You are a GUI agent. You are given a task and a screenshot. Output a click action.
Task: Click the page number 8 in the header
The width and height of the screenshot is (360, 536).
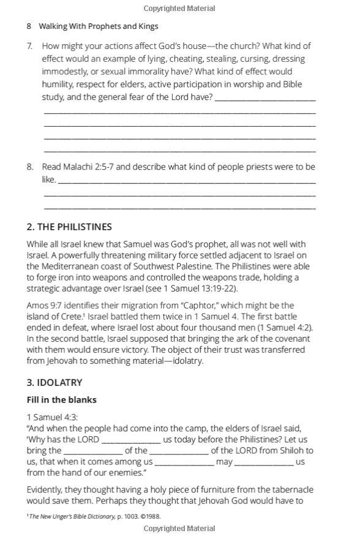(x=29, y=26)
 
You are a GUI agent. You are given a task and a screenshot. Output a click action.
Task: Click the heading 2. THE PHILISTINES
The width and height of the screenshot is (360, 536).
(x=69, y=227)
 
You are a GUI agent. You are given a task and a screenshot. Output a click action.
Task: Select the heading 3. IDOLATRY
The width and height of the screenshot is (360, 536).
(x=54, y=382)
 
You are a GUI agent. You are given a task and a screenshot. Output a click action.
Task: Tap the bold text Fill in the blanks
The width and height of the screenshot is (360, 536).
(x=61, y=400)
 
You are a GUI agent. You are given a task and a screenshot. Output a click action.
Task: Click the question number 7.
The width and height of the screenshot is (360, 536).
(x=30, y=46)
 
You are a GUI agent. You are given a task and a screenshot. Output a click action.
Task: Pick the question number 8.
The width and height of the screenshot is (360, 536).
(x=30, y=167)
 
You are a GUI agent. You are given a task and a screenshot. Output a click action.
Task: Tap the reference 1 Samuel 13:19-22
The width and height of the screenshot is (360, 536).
(x=201, y=289)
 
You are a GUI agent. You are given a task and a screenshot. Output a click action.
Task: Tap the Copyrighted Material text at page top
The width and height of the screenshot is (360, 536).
(x=179, y=9)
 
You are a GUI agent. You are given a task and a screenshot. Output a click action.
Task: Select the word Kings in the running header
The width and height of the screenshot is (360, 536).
(x=148, y=26)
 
